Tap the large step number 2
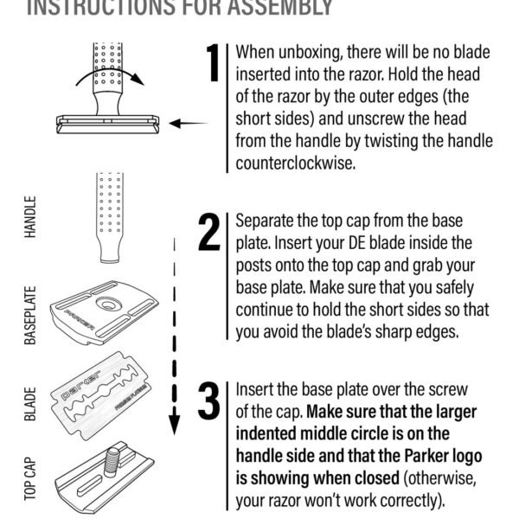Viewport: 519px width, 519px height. (x=209, y=233)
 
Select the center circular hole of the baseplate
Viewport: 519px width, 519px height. (x=110, y=304)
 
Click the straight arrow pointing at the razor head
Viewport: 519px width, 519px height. (x=187, y=124)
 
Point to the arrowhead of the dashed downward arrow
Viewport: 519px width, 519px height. (x=174, y=423)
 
